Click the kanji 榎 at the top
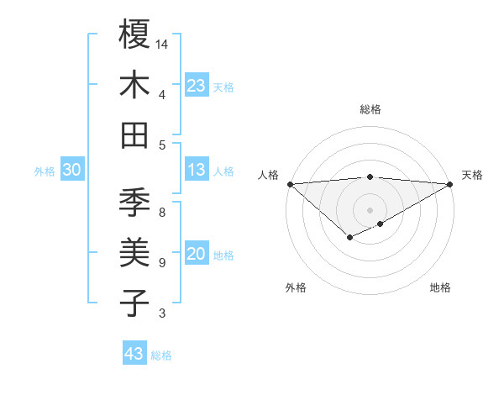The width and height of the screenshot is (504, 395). coord(134,34)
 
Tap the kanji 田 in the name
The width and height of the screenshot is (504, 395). coord(134,135)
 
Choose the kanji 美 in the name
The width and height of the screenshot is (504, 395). coord(134,253)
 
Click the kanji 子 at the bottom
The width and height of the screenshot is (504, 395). coord(134,303)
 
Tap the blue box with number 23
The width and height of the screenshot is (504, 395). coord(196,86)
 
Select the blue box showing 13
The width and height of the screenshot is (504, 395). coord(196,170)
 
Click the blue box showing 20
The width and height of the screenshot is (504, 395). coord(196,254)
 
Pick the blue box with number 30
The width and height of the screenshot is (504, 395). coord(72,170)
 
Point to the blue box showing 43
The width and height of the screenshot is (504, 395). coord(134,354)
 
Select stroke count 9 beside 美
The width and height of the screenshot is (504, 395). coord(162,263)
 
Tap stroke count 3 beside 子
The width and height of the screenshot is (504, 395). coord(162,313)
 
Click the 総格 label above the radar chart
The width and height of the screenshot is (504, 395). coord(370,109)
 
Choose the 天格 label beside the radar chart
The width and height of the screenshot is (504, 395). coord(472,175)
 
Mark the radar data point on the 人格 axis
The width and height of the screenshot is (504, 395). coord(290,183)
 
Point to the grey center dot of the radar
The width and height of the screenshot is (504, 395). coord(370,209)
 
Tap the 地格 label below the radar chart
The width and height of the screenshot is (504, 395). coord(440,287)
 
